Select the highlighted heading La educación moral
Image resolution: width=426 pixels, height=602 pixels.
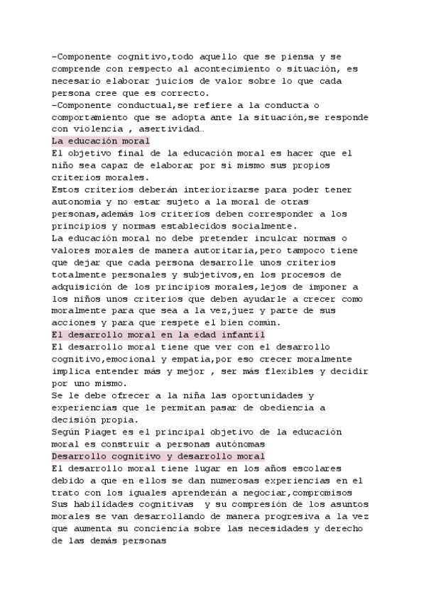101,141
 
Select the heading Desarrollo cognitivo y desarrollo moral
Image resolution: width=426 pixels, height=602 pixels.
158,456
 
